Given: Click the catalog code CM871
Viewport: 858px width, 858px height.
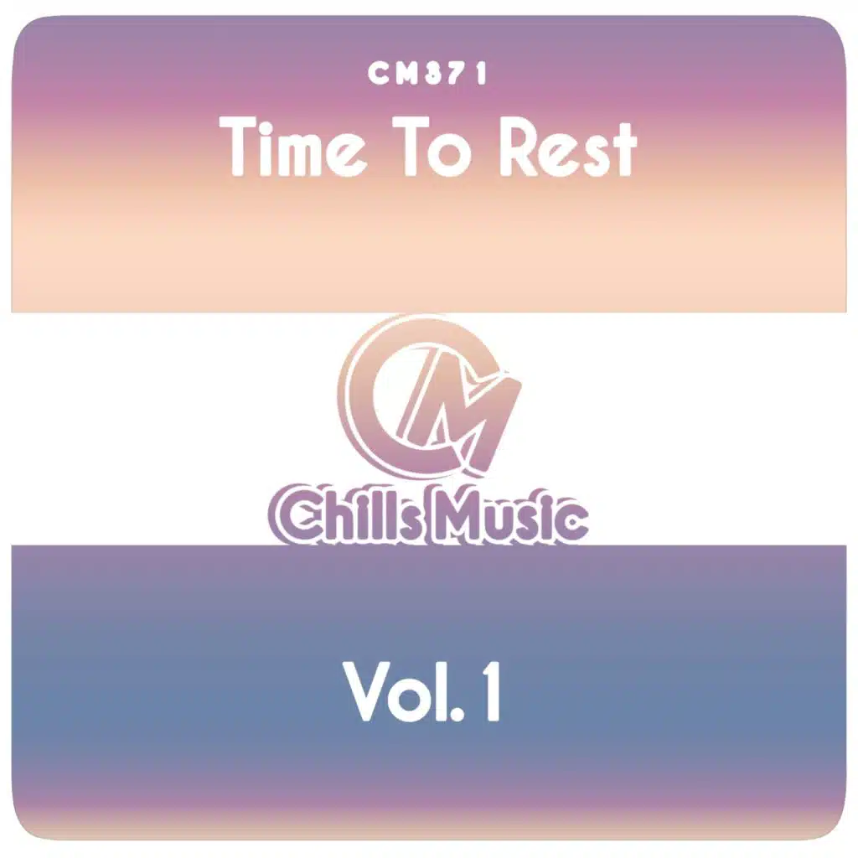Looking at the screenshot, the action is [x=426, y=74].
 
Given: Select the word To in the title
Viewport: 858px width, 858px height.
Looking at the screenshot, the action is [x=436, y=147].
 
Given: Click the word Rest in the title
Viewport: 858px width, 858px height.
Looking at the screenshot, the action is [x=567, y=147].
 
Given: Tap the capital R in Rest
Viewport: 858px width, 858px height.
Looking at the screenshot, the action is [x=519, y=147].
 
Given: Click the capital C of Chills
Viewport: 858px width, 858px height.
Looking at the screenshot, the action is [x=289, y=515].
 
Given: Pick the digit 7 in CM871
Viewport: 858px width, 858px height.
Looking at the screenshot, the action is [x=457, y=74].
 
